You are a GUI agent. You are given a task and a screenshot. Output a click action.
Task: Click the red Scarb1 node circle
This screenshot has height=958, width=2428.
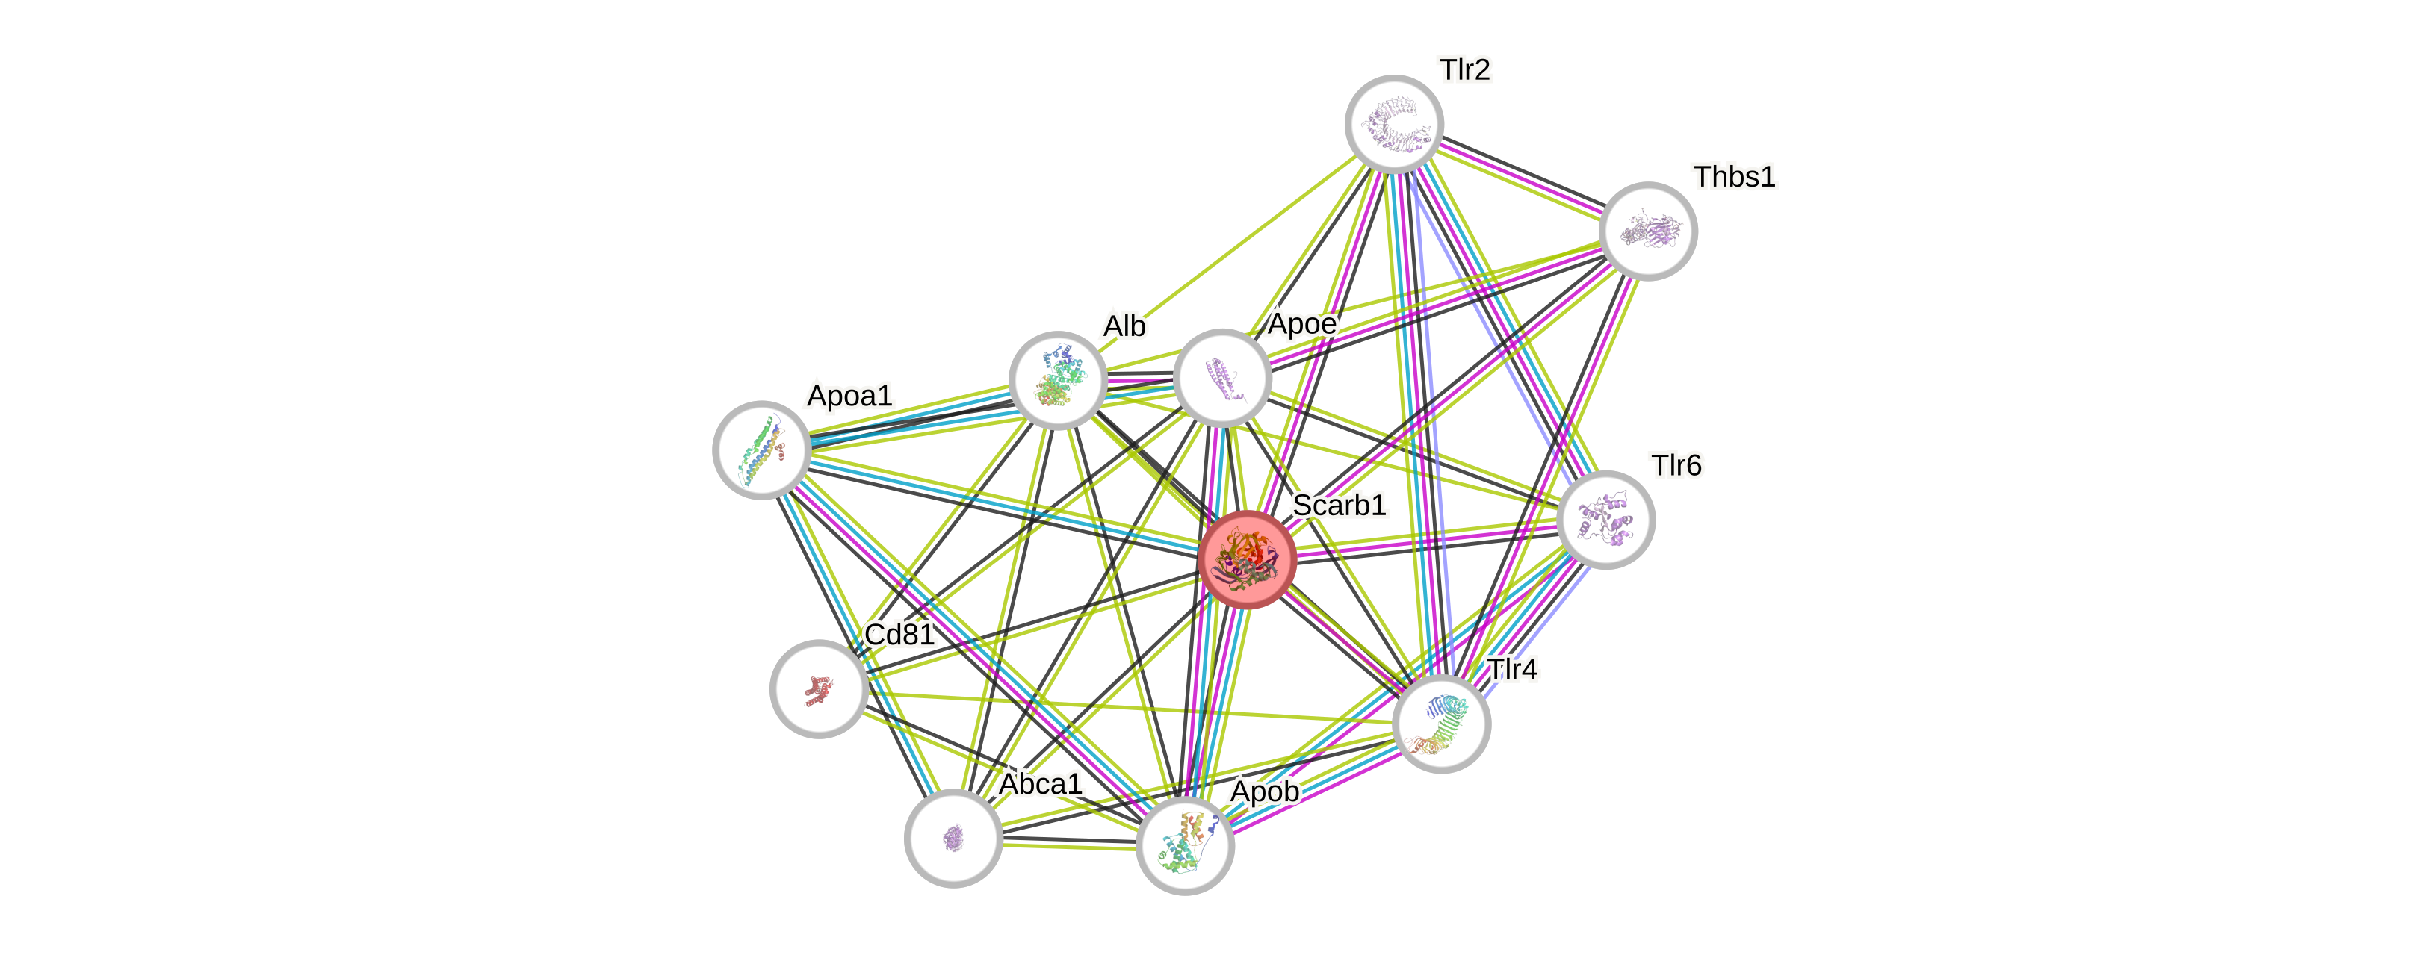[x=1247, y=559]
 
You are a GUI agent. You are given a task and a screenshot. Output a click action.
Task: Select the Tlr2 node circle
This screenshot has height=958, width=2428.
[x=1394, y=123]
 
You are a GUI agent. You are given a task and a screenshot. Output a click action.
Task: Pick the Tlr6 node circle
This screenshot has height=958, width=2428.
[x=1606, y=520]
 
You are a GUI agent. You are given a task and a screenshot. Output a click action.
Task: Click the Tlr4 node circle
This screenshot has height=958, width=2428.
[x=1441, y=724]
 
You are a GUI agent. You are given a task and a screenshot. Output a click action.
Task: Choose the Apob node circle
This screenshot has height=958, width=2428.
[x=1185, y=845]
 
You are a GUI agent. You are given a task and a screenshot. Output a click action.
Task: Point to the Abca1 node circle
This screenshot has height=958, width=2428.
[x=953, y=838]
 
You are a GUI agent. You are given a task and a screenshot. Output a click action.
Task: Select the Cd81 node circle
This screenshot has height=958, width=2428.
[x=818, y=688]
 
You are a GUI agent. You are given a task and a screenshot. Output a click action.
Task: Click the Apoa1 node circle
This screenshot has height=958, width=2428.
[x=761, y=450]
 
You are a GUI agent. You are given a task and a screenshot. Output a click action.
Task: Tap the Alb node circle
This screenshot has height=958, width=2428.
[x=1058, y=379]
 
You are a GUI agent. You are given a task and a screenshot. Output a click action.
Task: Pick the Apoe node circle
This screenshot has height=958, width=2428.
[x=1222, y=378]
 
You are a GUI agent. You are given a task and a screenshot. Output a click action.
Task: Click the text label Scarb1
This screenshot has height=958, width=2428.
[x=1339, y=505]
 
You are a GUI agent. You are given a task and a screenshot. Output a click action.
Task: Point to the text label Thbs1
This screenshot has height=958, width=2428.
[x=1734, y=176]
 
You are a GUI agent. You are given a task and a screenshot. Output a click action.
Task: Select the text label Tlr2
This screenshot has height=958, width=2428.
[x=1465, y=69]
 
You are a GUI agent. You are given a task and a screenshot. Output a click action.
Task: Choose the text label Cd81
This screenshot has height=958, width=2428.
[x=899, y=634]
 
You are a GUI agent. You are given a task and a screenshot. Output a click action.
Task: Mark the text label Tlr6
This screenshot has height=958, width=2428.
[x=1676, y=465]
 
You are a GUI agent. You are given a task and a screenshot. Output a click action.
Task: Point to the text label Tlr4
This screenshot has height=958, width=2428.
[x=1512, y=669]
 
